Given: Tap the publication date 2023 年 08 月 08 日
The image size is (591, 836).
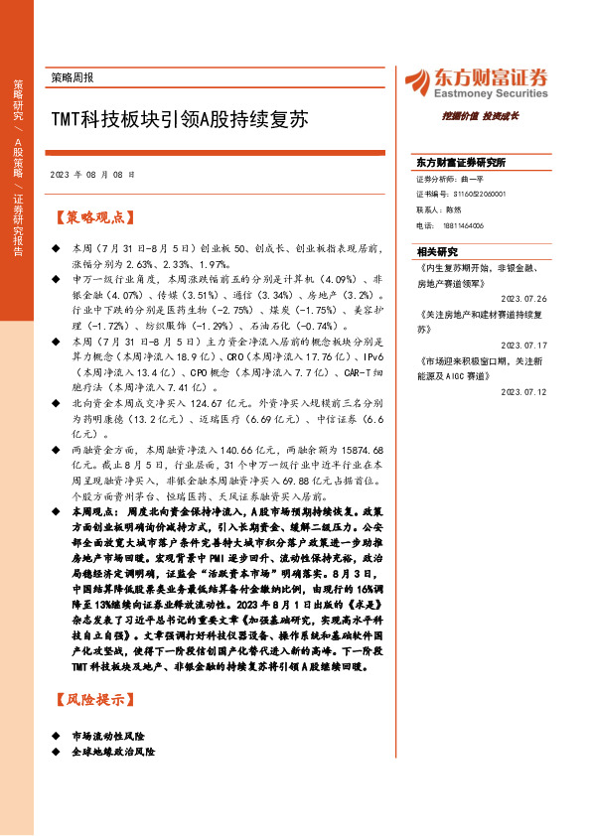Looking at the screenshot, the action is (x=91, y=174).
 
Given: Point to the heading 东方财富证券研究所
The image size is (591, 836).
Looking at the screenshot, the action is (x=461, y=161).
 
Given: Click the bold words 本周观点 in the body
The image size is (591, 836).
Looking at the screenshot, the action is (x=95, y=509).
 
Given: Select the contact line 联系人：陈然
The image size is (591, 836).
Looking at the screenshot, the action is (x=438, y=210).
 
